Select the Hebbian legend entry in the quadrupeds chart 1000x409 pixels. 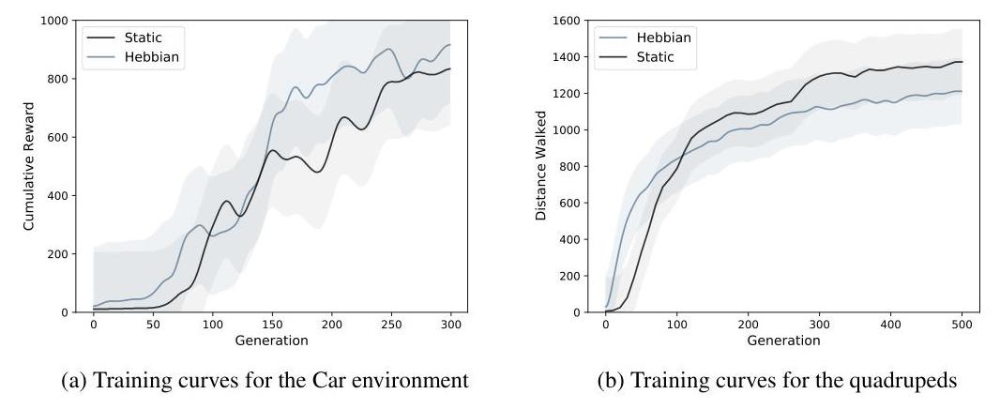(663, 38)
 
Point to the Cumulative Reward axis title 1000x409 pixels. (30, 166)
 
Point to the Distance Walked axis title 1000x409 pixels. (540, 166)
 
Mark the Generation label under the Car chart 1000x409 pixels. (271, 340)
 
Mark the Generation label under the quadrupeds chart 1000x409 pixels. (783, 340)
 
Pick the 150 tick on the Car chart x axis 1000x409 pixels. (272, 325)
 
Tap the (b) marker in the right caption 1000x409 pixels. (613, 381)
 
